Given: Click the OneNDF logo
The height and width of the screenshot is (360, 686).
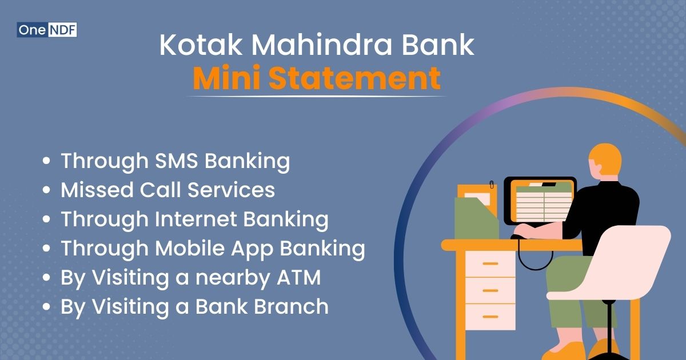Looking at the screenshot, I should tap(47, 29).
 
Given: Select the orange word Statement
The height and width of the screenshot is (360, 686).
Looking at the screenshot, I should tap(354, 79).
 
